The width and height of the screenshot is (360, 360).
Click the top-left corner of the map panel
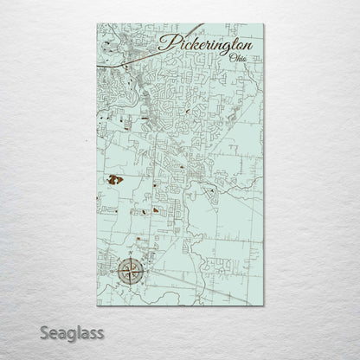[x=97, y=23]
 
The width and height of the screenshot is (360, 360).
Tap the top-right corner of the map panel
[x=263, y=23]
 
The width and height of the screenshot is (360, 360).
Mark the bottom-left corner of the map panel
[x=97, y=306]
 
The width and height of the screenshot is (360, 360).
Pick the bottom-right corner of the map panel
[x=263, y=306]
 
